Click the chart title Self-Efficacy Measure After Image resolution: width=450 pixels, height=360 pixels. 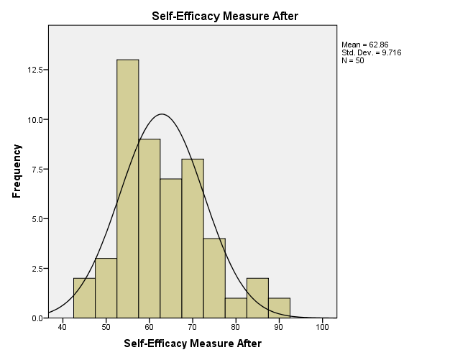click(225, 15)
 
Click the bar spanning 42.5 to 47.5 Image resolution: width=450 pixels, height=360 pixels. click(84, 297)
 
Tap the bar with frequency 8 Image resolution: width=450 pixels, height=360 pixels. click(193, 238)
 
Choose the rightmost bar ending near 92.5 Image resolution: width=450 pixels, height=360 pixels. click(279, 308)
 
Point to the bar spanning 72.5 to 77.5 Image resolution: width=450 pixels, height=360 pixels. click(214, 277)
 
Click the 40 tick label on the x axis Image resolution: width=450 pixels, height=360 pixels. click(63, 328)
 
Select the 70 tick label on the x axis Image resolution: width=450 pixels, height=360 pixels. click(193, 328)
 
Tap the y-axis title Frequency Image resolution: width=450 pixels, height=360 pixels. click(17, 171)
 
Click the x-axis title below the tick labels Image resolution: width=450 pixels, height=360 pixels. click(193, 344)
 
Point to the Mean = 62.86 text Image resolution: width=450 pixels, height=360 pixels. click(365, 45)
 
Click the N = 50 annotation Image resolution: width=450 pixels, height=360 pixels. click(353, 60)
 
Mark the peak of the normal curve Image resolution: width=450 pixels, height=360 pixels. click(162, 114)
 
